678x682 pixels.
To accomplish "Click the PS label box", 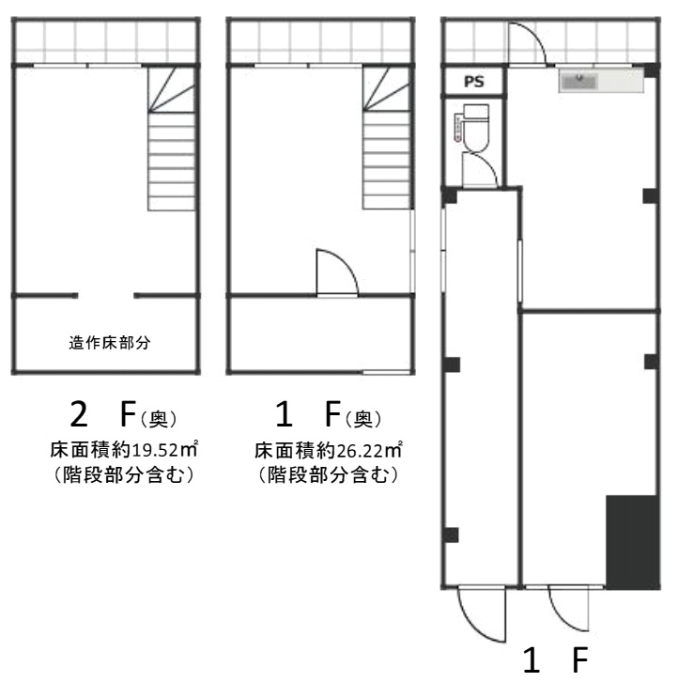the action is (x=474, y=82).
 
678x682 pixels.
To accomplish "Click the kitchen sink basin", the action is (x=578, y=81).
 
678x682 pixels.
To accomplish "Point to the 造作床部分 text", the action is (x=110, y=343).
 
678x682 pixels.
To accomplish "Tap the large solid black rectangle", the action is (x=632, y=542).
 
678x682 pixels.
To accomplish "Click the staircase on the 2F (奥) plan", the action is (x=171, y=139).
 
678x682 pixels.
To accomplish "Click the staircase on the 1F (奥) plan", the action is (x=386, y=138).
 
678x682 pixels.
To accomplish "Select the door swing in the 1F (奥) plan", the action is (x=337, y=272).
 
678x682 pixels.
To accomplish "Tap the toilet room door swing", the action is (x=480, y=170).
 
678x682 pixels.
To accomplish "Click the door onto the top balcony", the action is (x=527, y=43).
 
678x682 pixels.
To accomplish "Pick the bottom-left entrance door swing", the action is (x=482, y=614).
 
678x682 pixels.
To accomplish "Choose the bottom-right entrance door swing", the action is (x=569, y=609).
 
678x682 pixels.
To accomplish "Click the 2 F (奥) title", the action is (x=123, y=415).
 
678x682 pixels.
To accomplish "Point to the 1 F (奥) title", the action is (x=329, y=415).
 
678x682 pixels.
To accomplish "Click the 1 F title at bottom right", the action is (x=555, y=659).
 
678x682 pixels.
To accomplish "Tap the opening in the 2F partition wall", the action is (x=106, y=296).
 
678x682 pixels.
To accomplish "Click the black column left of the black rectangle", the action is (x=452, y=535).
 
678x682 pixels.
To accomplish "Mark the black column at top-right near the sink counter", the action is (x=651, y=70).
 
